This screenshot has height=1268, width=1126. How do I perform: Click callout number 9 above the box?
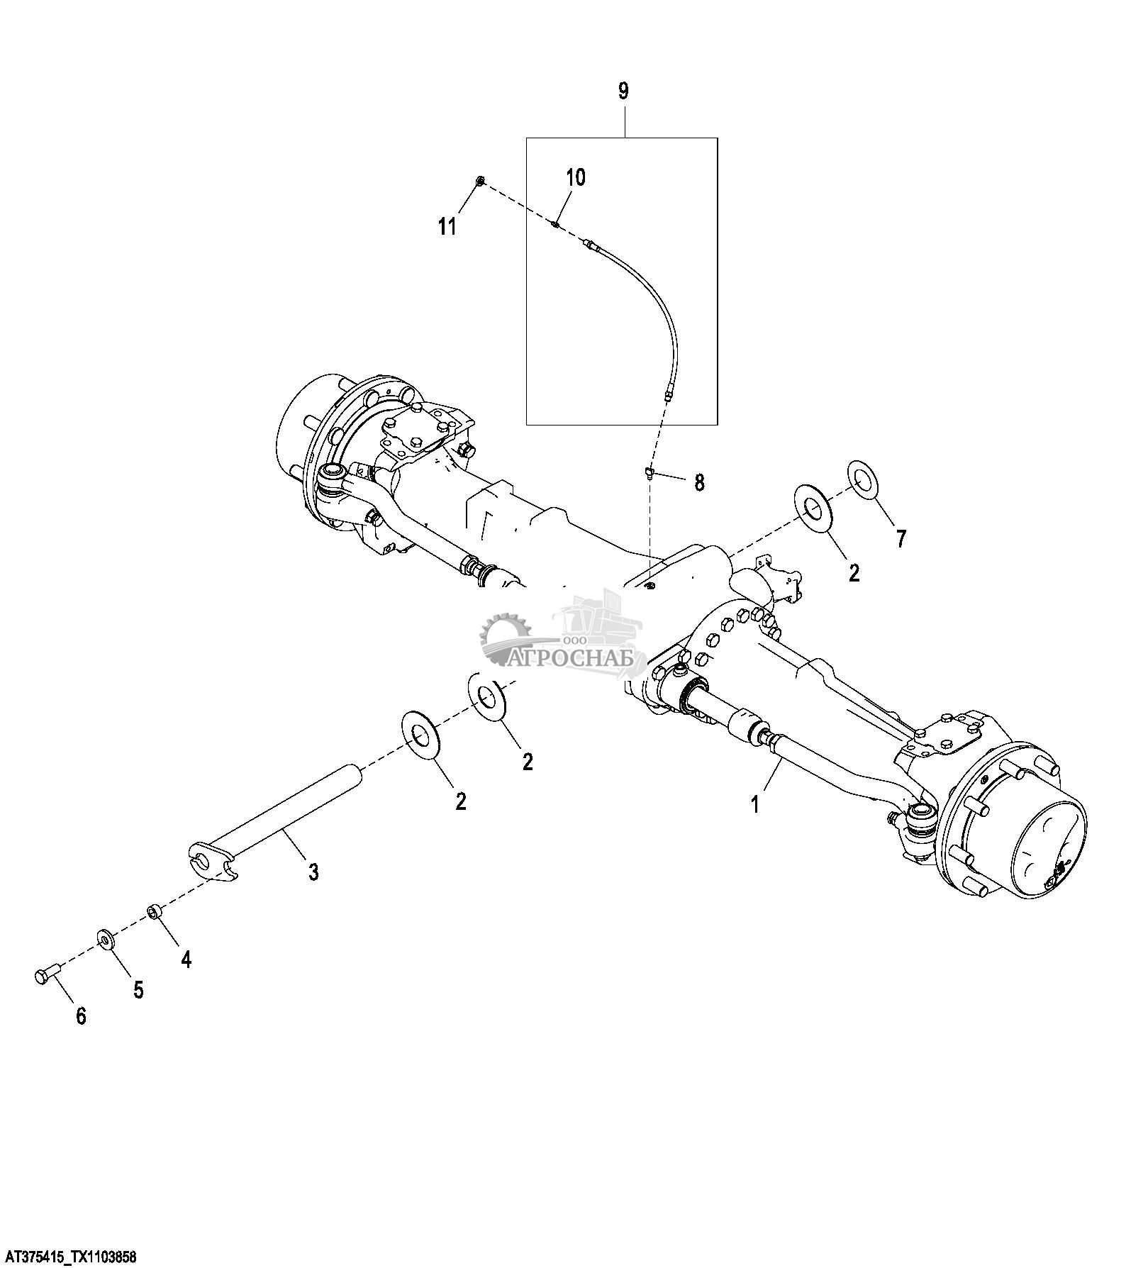[x=623, y=91]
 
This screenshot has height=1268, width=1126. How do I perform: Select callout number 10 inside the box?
[x=576, y=177]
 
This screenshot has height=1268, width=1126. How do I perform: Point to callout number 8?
[x=699, y=483]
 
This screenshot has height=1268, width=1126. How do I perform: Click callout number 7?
[x=901, y=539]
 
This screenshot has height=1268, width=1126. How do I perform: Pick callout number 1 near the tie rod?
[x=755, y=804]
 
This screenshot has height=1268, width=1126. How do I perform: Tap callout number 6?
[x=81, y=1016]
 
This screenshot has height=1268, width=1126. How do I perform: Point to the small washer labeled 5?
[x=106, y=940]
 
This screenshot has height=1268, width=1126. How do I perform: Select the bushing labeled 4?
[x=153, y=911]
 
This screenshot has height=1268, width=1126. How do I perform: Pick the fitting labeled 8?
[x=648, y=474]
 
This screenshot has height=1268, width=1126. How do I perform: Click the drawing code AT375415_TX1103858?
[x=68, y=1258]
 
